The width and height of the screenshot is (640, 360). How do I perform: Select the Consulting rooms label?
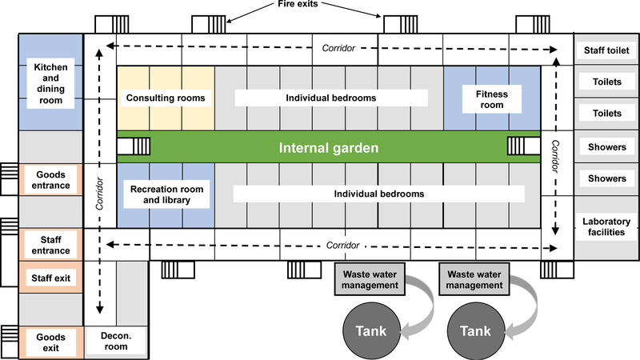166,98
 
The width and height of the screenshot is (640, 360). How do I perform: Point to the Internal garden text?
328,148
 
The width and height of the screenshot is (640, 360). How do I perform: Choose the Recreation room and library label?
166,194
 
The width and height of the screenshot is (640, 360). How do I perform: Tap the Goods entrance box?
50,180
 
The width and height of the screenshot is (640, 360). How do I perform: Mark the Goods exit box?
50,343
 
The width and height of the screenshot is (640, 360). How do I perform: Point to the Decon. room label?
117,342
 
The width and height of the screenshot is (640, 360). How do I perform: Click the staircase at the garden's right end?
521,148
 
